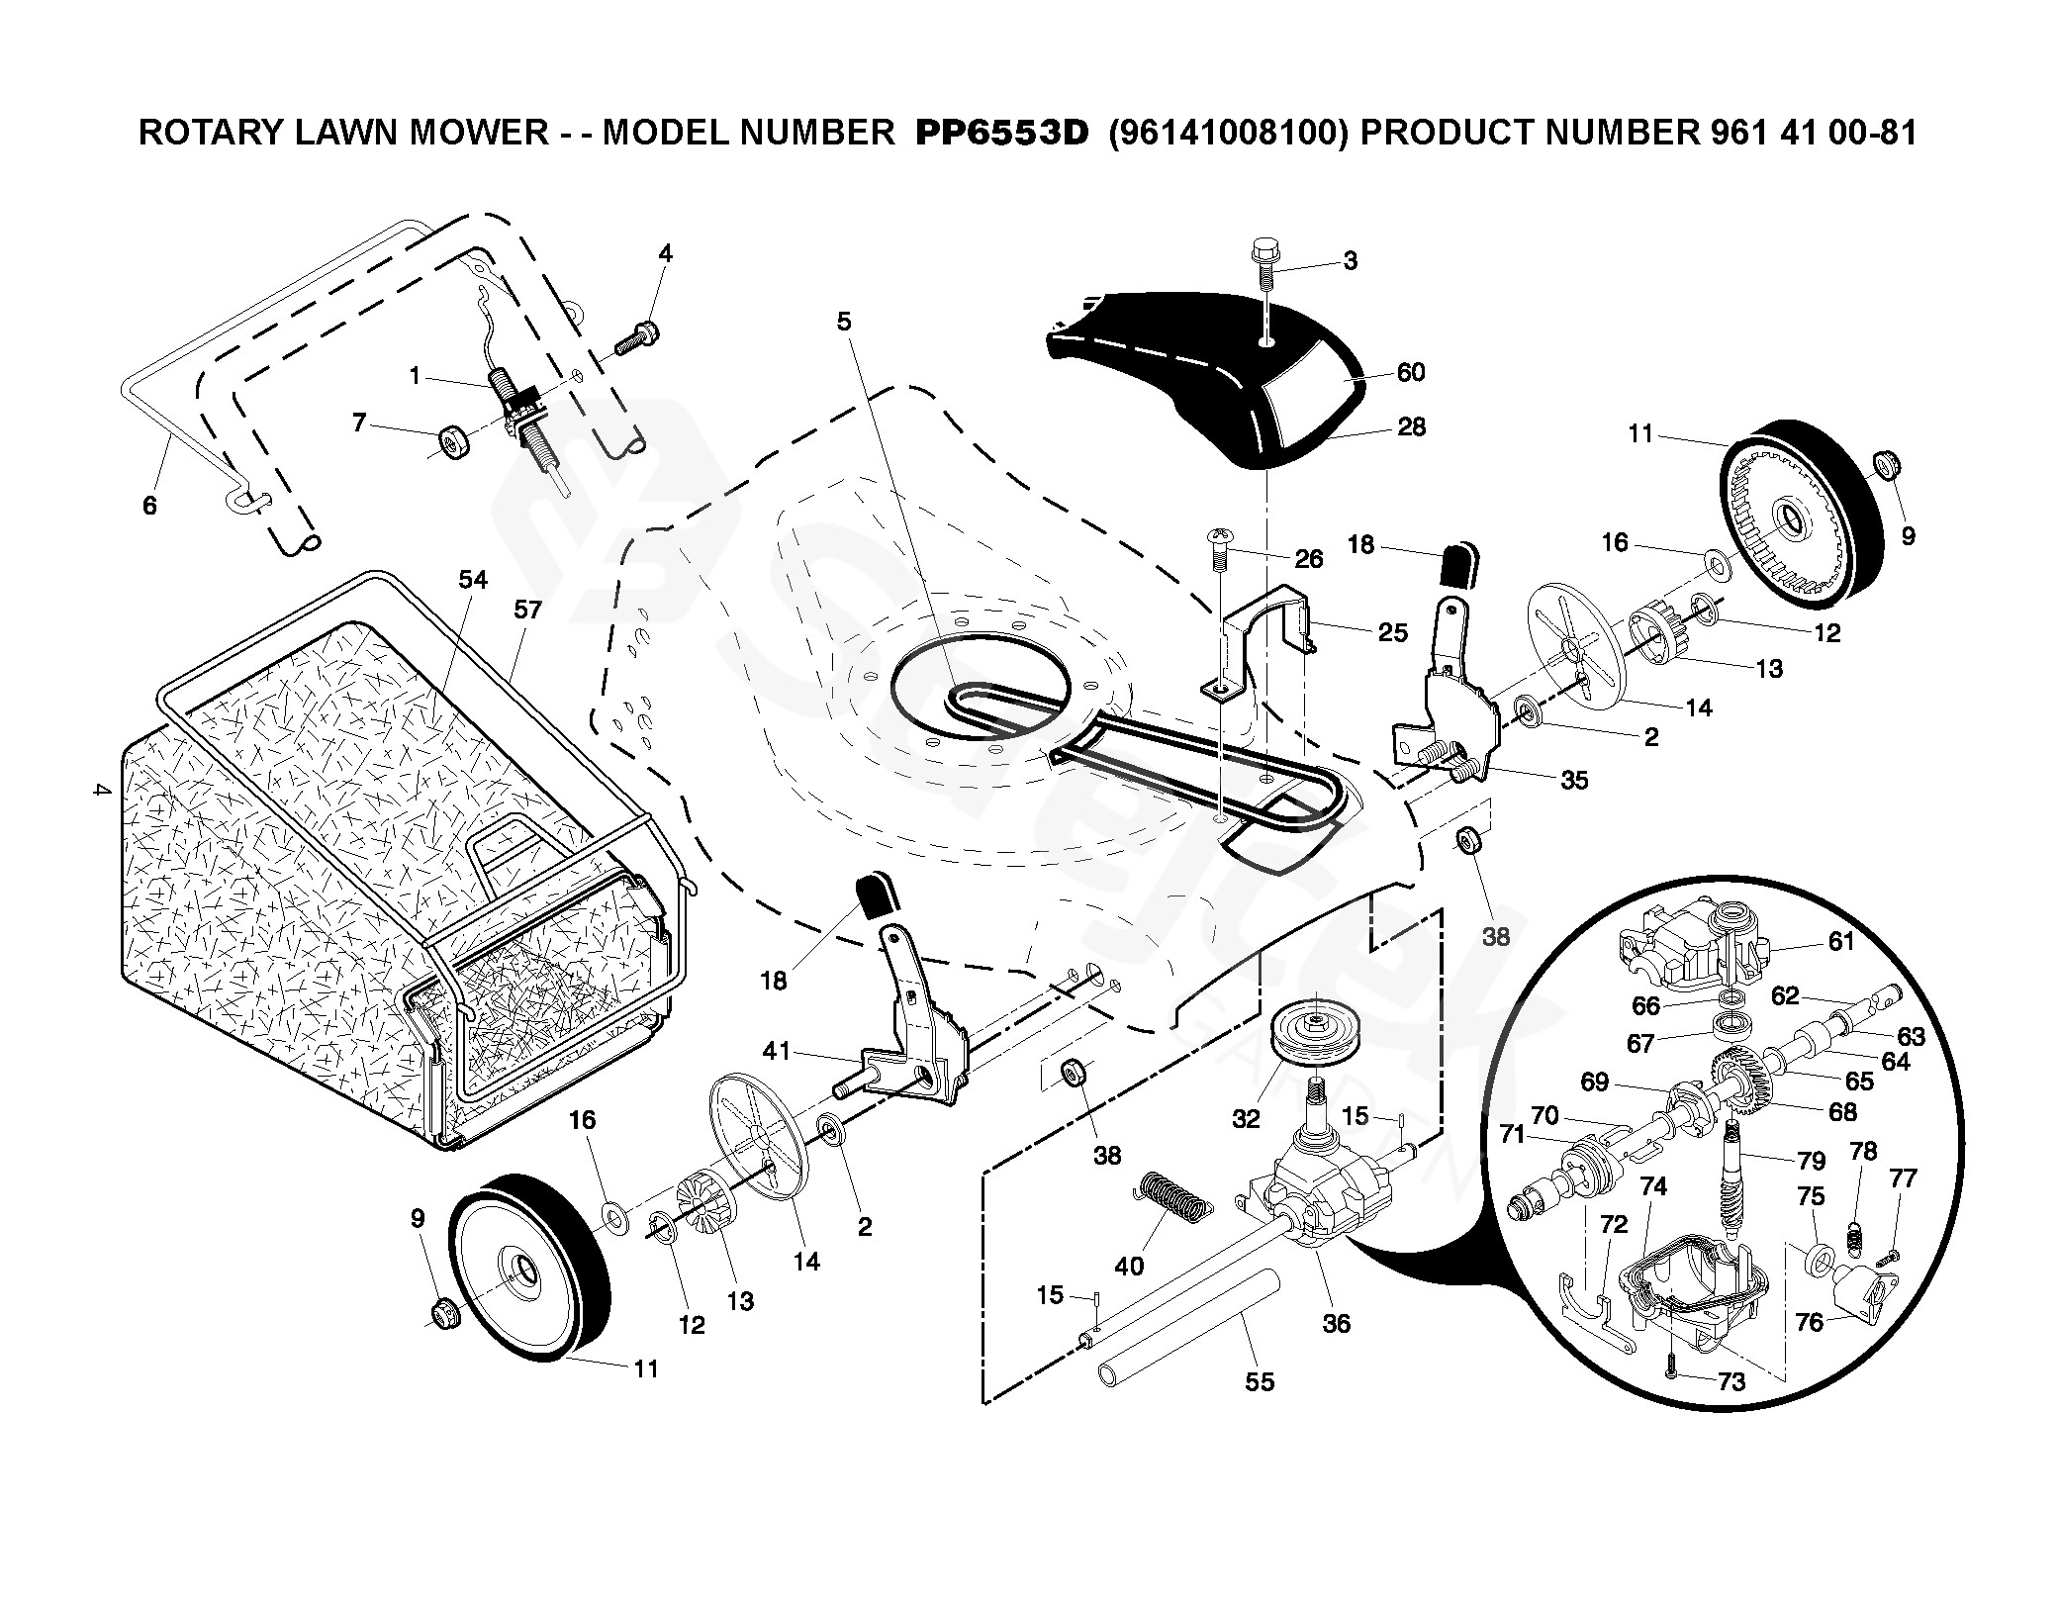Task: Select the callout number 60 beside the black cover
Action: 1410,372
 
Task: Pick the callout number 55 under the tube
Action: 1260,1380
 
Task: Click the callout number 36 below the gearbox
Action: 1336,1323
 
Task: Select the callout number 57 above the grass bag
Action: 527,610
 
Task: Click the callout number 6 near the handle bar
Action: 149,506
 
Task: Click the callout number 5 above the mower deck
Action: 843,321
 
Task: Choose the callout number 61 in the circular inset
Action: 1840,941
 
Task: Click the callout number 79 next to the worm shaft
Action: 1810,1159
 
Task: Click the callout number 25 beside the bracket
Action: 1393,631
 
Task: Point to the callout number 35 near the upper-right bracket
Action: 1573,780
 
